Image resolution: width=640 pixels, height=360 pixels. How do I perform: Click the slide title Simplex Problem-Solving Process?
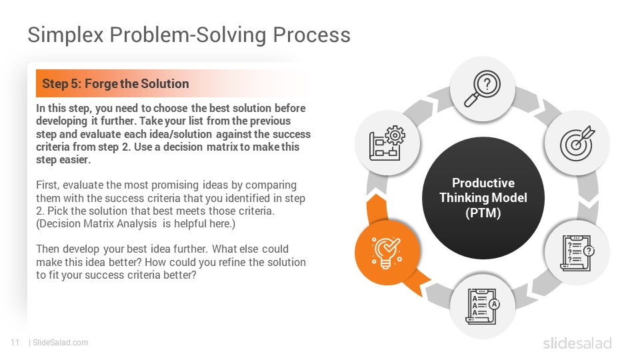click(x=189, y=35)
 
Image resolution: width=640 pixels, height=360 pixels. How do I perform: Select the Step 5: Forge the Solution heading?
click(x=115, y=84)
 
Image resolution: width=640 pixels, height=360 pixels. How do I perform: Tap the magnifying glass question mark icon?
click(x=483, y=89)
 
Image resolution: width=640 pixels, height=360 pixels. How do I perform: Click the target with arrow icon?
click(x=577, y=143)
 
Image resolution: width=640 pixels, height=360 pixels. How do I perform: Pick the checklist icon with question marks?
click(x=577, y=252)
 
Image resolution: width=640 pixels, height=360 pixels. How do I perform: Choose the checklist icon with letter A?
click(x=483, y=306)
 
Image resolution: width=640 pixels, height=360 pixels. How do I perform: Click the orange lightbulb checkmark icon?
click(x=387, y=252)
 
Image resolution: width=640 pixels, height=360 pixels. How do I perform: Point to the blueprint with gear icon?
click(x=387, y=143)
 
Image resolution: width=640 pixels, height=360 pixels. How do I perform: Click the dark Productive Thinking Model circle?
click(x=483, y=198)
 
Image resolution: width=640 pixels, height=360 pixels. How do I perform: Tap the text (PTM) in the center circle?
click(x=483, y=213)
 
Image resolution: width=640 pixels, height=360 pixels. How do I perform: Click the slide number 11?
click(x=15, y=343)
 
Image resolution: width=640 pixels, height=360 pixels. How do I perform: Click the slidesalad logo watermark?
click(x=577, y=343)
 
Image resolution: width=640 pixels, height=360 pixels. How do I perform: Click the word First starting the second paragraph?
click(x=47, y=185)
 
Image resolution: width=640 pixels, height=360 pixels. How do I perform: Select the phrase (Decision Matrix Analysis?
click(x=96, y=224)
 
